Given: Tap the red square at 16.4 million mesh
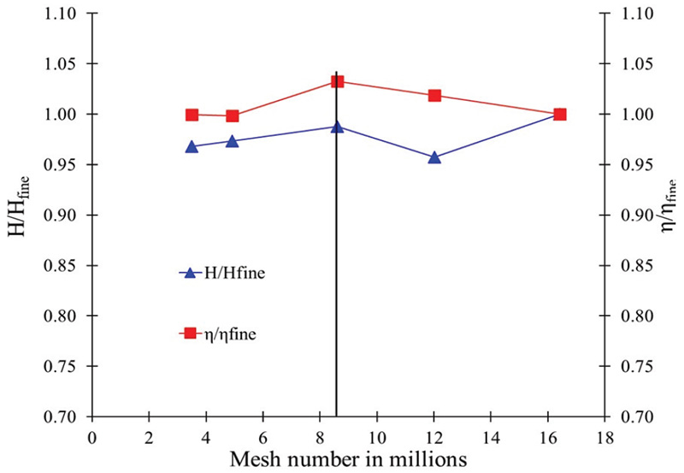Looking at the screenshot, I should click(x=560, y=114).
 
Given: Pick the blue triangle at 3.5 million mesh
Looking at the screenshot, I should click(x=192, y=146).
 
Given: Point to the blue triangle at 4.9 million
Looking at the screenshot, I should click(x=232, y=140).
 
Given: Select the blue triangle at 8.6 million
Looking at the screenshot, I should click(x=337, y=127).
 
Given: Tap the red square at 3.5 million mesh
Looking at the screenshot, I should click(x=192, y=114).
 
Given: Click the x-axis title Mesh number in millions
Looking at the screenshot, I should click(x=347, y=458).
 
